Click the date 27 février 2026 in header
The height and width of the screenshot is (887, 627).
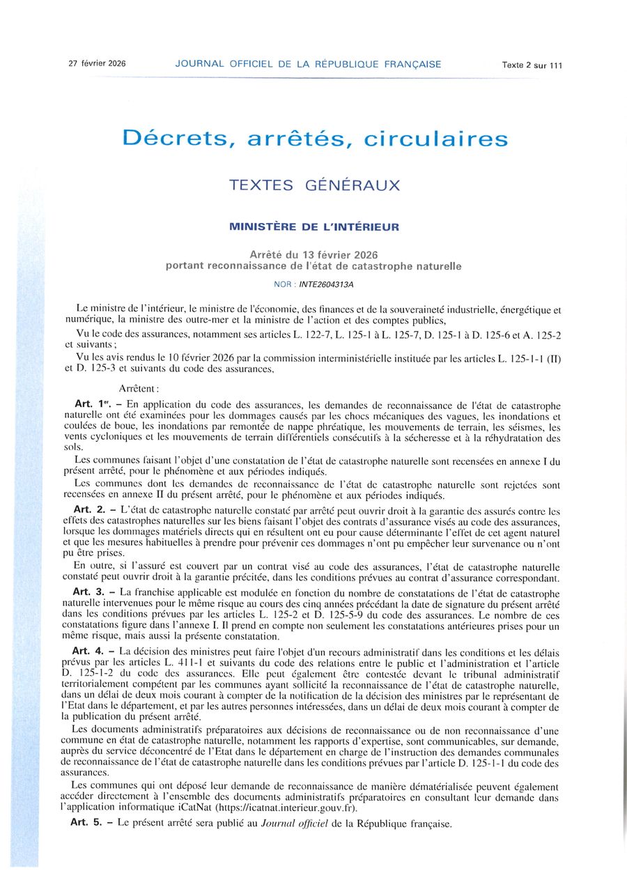97,63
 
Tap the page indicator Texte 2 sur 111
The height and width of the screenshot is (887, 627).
532,65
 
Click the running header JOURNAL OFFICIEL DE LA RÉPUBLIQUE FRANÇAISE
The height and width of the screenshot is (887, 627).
308,64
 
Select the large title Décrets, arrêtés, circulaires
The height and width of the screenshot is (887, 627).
315,138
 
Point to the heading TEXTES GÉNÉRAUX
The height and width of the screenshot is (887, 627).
315,186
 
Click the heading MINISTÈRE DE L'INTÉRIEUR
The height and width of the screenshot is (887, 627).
314,226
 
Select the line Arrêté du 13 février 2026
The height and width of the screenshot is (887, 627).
314,254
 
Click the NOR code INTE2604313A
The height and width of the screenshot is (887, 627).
329,284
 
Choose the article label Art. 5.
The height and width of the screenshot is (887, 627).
87,823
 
